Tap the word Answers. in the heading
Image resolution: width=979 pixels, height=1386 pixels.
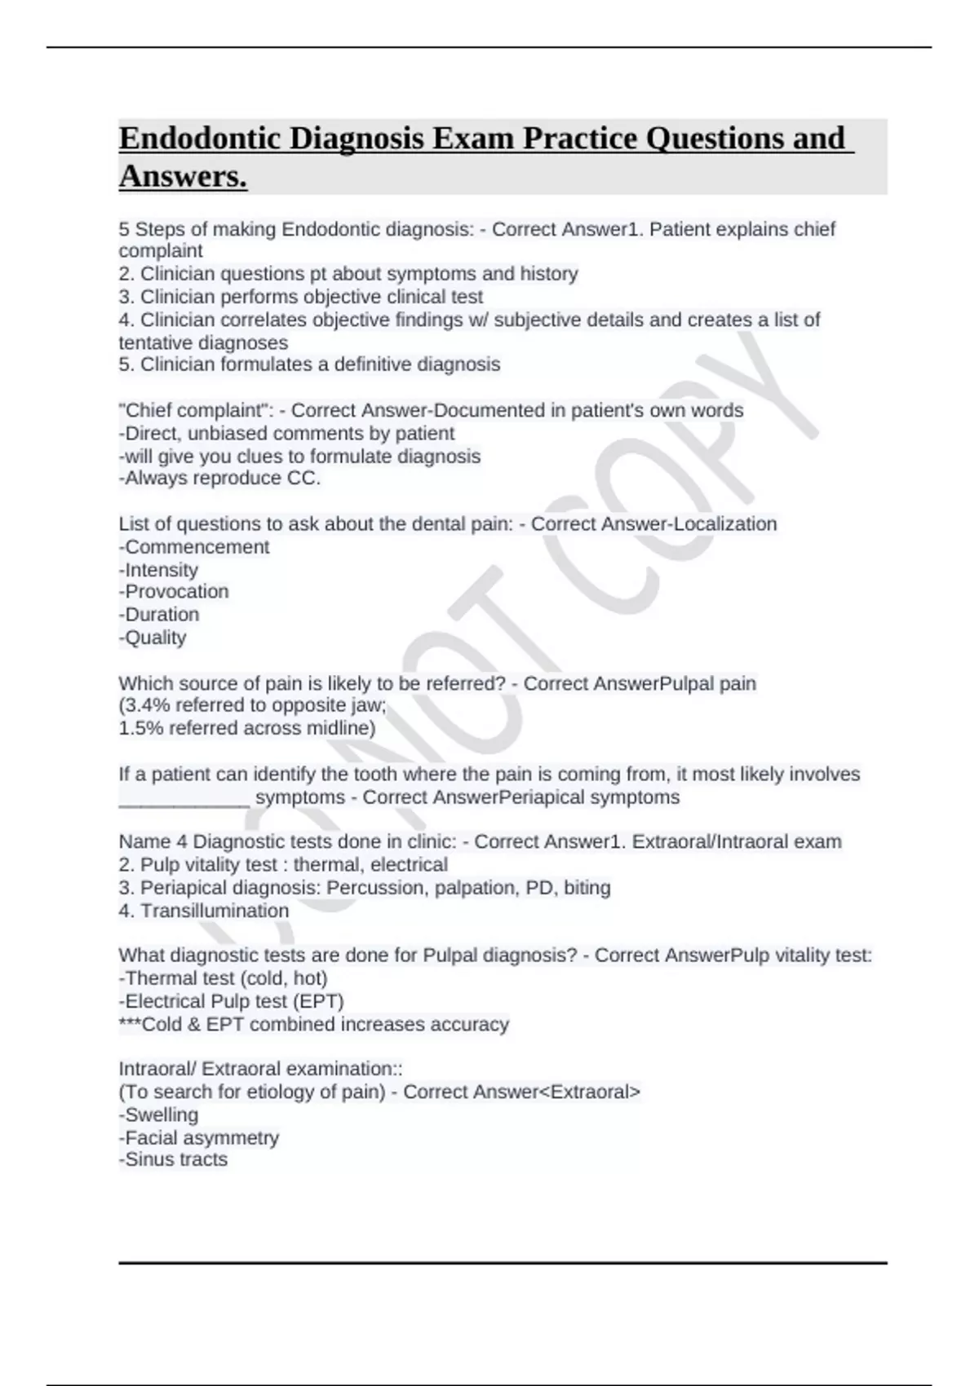coord(183,176)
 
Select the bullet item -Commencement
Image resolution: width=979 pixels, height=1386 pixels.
coord(194,547)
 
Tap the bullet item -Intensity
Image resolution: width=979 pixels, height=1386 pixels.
coord(158,570)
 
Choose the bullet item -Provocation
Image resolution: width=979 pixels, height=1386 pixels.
coord(174,592)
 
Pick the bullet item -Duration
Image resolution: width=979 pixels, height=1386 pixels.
coord(159,615)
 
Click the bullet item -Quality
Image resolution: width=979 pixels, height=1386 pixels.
coord(153,638)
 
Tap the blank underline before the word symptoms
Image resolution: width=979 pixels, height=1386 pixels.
coord(184,799)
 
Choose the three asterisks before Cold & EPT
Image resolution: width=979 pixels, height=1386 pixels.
coord(130,1024)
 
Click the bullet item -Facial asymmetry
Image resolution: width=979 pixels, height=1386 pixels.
coord(199,1137)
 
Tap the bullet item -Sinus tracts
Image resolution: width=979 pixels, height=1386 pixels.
coord(173,1159)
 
